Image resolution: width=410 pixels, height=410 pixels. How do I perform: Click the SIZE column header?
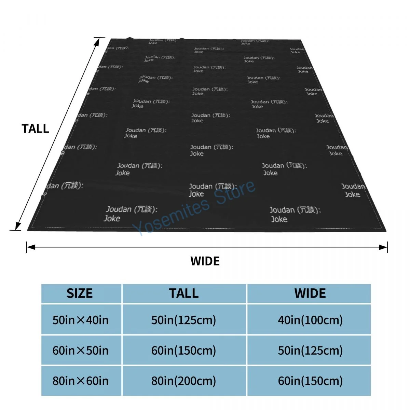[80, 293]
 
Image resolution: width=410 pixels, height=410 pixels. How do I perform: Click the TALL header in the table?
[184, 293]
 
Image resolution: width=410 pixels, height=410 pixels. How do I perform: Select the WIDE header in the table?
[310, 293]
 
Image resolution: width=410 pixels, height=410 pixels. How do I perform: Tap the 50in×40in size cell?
[81, 320]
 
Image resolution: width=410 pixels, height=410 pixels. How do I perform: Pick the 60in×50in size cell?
[81, 351]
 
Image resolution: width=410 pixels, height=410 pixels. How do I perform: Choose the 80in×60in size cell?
[81, 381]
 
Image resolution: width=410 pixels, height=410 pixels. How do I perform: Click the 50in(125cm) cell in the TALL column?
[184, 320]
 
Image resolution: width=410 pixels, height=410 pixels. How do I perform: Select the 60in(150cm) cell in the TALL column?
[184, 351]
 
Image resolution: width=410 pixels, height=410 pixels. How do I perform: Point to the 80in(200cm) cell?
[184, 381]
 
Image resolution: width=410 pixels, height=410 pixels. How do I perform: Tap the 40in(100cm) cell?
[310, 320]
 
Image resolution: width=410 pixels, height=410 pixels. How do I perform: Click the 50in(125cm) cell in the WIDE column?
[310, 351]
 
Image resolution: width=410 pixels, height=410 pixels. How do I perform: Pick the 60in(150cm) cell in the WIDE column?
[310, 381]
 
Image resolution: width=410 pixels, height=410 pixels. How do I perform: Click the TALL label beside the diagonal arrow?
[36, 129]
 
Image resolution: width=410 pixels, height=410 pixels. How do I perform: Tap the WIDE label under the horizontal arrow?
[205, 261]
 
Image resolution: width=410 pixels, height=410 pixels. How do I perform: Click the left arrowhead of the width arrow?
[30, 247]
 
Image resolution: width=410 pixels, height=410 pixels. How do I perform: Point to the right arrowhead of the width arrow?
[383, 247]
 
